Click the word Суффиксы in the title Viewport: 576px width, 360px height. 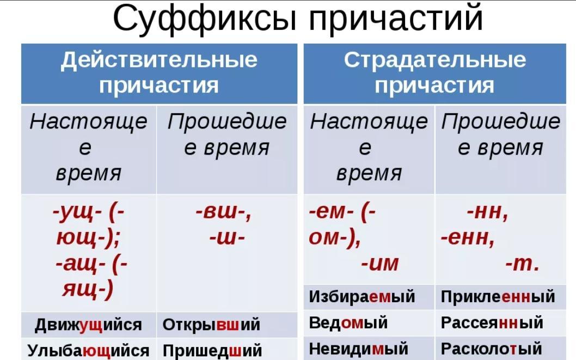pos(205,19)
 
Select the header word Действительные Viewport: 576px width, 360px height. pos(159,60)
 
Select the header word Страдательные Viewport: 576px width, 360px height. pos(435,60)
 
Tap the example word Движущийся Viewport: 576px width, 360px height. pos(88,325)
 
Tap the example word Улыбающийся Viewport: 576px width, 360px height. pos(88,350)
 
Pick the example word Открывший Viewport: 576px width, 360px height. pos(211,325)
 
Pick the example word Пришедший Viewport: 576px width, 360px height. pos(212,350)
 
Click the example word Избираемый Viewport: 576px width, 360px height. pos(362,296)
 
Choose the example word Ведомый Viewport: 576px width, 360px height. pos(348,323)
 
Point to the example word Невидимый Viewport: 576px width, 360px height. pos(359,349)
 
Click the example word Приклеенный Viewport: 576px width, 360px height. pos(498,296)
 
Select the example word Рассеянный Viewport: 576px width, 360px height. pos(492,322)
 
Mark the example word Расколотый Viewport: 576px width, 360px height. pos(492,349)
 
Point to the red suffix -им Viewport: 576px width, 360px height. pos(379,264)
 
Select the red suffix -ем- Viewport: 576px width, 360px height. pos(332,212)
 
